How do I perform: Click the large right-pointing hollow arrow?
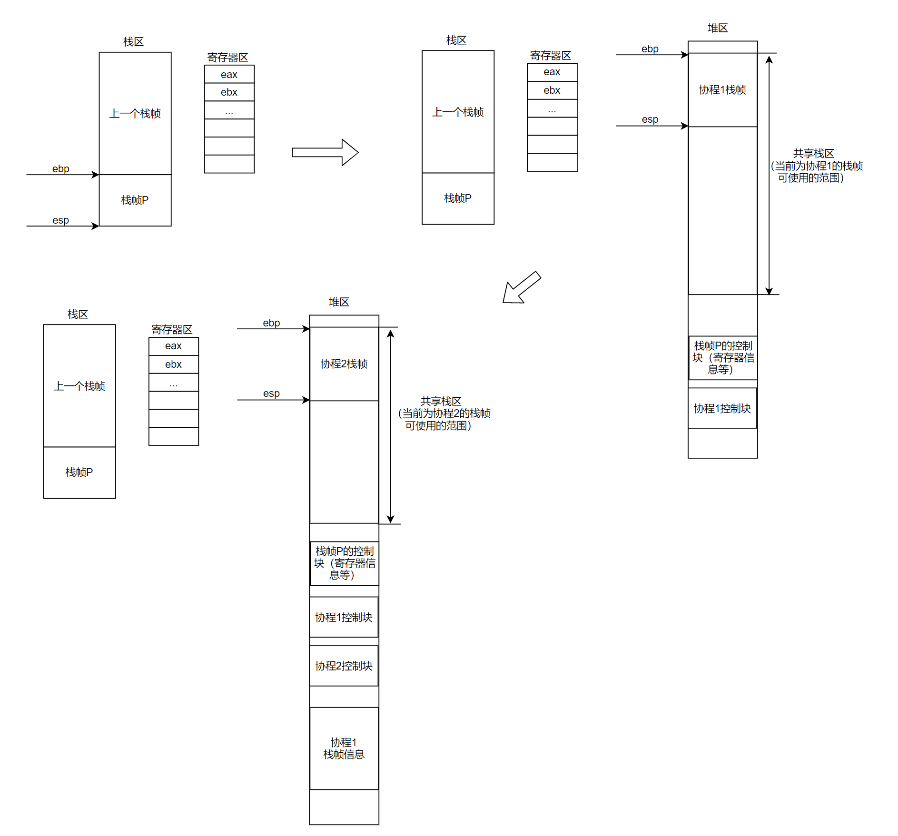[325, 152]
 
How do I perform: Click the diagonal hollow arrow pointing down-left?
[521, 288]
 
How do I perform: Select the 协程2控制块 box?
[344, 666]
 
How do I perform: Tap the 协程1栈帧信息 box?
[344, 748]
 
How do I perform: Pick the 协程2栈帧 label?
[344, 364]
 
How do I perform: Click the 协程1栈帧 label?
[722, 90]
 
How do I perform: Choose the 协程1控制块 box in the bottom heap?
[344, 617]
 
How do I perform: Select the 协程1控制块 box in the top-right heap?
[722, 408]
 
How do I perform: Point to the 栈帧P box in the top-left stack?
[135, 200]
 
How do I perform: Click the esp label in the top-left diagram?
[60, 220]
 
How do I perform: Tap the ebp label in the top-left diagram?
[60, 169]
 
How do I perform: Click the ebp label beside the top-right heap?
[650, 49]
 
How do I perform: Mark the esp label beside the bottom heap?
[271, 393]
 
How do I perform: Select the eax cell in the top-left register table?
[229, 74]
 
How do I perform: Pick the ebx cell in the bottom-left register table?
[173, 364]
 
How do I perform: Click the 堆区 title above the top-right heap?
[717, 28]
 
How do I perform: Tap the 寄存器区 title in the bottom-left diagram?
[172, 329]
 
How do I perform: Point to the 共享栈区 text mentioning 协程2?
[442, 413]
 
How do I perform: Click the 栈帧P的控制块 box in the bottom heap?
[344, 563]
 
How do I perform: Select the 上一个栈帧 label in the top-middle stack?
[458, 112]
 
